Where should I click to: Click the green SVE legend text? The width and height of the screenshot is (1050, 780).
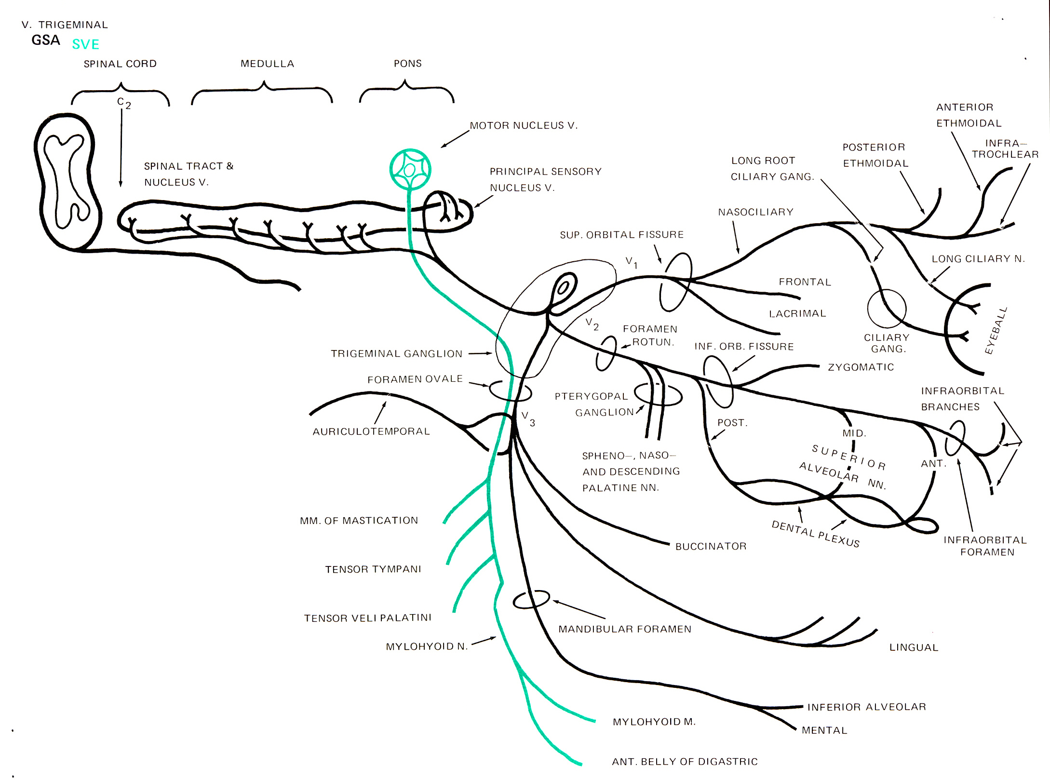85,44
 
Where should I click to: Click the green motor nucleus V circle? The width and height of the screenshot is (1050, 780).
410,169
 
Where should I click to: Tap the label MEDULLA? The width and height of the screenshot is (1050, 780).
267,64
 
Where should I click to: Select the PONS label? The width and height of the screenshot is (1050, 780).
407,64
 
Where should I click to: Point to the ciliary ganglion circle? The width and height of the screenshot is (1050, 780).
886,309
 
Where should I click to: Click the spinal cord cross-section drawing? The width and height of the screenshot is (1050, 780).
67,182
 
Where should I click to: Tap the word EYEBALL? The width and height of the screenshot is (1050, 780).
996,331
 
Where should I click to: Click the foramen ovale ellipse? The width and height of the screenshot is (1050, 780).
510,391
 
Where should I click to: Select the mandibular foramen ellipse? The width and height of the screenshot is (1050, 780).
531,600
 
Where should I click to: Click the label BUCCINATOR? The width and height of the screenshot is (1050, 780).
711,546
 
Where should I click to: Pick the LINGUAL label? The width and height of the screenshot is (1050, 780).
914,647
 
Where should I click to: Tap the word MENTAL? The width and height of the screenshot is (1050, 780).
824,730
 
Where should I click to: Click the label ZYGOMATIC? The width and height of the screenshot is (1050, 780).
861,367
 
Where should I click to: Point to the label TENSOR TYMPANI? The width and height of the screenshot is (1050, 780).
373,569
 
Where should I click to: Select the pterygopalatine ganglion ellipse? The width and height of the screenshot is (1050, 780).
658,395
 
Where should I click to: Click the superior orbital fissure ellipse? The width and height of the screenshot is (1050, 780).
675,282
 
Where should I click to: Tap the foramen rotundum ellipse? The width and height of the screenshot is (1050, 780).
606,353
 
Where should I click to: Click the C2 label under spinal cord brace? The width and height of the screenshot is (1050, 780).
123,103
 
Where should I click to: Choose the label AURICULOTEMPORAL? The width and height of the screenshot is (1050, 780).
371,431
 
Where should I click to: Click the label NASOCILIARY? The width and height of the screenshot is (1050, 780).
755,212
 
